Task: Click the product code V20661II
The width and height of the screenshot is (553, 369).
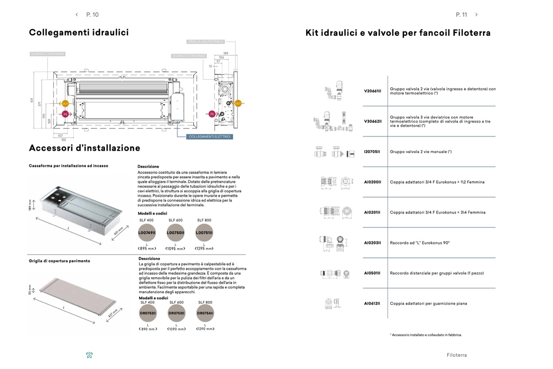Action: [372, 91]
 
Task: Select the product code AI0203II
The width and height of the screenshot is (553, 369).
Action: [372, 243]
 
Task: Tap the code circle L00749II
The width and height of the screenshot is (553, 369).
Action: [147, 233]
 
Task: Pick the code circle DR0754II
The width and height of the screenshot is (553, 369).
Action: [205, 313]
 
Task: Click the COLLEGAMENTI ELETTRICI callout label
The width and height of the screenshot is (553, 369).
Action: [210, 136]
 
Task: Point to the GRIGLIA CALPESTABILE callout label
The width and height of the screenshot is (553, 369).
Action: [206, 42]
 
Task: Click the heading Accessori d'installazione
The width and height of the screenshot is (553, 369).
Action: [84, 148]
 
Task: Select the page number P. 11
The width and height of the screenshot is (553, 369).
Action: [461, 15]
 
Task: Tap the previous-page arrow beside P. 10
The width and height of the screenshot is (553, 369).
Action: [77, 15]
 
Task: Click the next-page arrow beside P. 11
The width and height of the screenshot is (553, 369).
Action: [476, 15]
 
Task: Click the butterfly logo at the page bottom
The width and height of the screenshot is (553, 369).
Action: [89, 355]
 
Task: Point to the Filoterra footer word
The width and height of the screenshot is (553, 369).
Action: [456, 355]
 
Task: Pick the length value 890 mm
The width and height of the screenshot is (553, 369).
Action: [148, 329]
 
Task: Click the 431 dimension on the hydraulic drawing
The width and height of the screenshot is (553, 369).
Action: [31, 100]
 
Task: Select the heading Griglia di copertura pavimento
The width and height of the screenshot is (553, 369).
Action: [60, 261]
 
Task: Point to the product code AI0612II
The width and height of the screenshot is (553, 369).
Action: [372, 303]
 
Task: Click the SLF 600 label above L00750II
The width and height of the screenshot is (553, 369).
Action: [175, 220]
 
